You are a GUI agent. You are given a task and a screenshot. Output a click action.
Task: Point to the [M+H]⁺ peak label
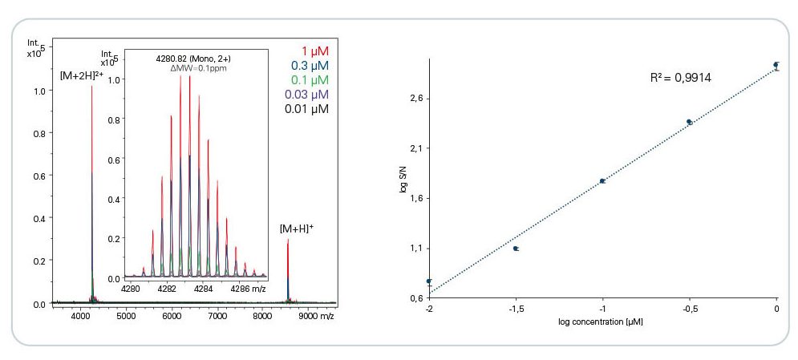(296, 229)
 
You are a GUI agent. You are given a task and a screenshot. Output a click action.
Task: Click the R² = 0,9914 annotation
(681, 78)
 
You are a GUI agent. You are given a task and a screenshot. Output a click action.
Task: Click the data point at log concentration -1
(602, 181)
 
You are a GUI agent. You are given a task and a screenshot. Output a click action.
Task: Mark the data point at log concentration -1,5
(516, 249)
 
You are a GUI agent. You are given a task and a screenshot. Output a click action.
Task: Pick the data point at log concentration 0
(776, 65)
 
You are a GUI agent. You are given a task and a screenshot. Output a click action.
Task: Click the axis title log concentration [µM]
(602, 322)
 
